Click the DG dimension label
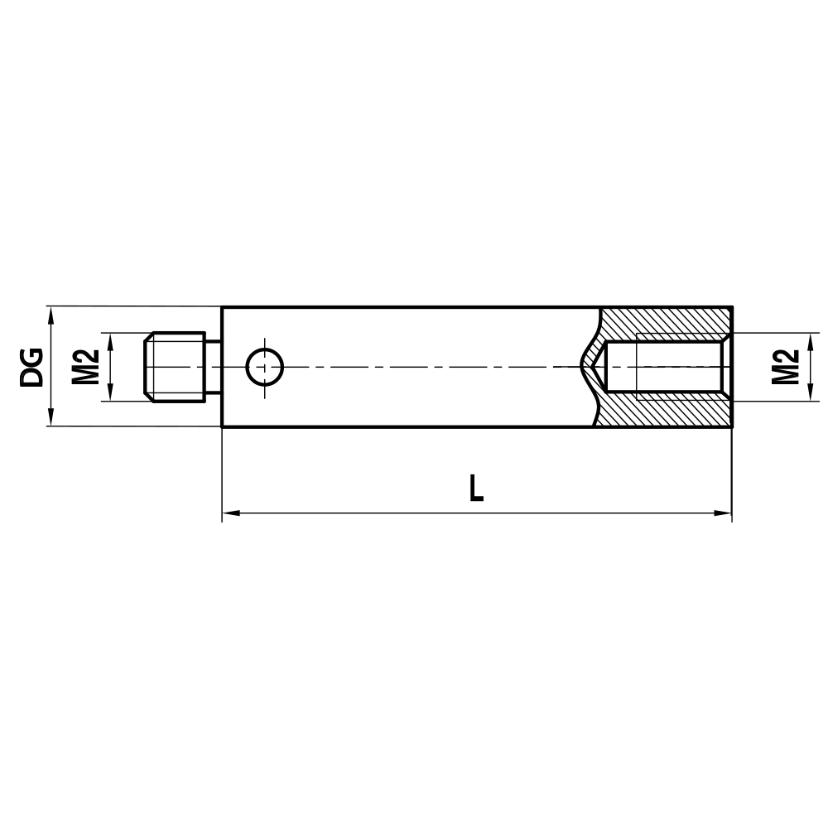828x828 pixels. click(x=31, y=367)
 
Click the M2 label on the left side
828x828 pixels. click(x=85, y=367)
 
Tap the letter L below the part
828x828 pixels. click(x=475, y=489)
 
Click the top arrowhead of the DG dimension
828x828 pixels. click(x=51, y=314)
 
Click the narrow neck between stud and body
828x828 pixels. click(x=213, y=367)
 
